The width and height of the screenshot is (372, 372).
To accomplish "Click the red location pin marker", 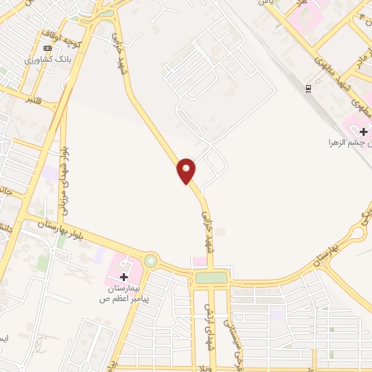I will (x=187, y=170).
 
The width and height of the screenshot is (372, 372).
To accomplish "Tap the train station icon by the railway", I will (x=309, y=89).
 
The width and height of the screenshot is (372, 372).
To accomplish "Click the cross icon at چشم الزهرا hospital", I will (x=363, y=131).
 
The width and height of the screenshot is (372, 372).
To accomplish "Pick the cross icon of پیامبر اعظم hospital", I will (x=124, y=277).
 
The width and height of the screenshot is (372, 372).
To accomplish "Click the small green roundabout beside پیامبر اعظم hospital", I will (x=150, y=260).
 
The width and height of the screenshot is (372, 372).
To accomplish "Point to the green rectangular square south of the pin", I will (x=210, y=278).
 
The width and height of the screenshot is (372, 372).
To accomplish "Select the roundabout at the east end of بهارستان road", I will (x=357, y=233).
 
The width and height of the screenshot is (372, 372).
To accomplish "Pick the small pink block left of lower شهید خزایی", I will (x=198, y=262).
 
